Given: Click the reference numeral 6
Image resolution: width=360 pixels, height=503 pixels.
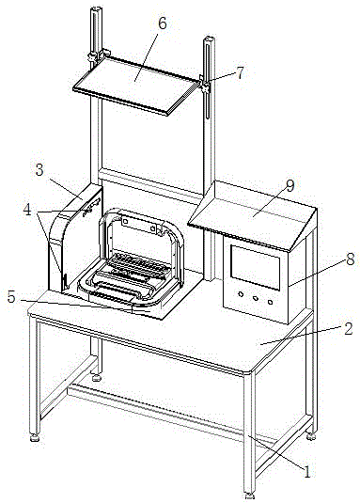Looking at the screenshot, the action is point(163,24).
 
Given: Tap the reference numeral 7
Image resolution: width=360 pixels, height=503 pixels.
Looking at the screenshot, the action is point(240,72).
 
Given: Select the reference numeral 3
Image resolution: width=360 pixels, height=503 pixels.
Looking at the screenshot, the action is point(39,170).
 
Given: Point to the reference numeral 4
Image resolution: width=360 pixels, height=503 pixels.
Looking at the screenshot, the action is point(27,210).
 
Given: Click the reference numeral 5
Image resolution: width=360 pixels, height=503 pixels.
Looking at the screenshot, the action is point(11,297).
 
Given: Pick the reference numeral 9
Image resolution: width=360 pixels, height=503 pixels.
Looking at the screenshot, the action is point(290,186).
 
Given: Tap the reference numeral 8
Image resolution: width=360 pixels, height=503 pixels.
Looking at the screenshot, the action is point(350,259).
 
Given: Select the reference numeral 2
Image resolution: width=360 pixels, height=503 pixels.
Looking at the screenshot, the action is point(349,329).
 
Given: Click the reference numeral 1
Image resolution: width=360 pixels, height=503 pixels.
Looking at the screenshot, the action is point(306,472).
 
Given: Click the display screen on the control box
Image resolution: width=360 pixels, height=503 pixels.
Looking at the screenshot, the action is point(256,268).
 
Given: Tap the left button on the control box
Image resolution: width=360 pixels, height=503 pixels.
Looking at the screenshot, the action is point(241,294).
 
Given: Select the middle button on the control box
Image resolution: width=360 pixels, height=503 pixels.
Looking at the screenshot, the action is point(256,298).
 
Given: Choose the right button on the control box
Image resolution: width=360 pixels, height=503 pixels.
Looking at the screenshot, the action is point(270,302).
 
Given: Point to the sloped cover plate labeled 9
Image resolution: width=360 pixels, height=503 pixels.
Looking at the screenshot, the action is point(252,215).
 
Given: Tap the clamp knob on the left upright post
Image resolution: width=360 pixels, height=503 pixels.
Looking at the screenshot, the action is point(93,57).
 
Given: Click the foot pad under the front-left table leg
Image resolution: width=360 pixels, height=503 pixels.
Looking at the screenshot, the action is point(35,437).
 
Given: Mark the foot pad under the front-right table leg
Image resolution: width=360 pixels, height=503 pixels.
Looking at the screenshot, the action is point(249,496).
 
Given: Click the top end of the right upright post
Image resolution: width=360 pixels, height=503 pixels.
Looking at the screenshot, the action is point(209,39).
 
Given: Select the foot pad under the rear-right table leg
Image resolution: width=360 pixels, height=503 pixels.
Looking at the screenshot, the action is point(311,436).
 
